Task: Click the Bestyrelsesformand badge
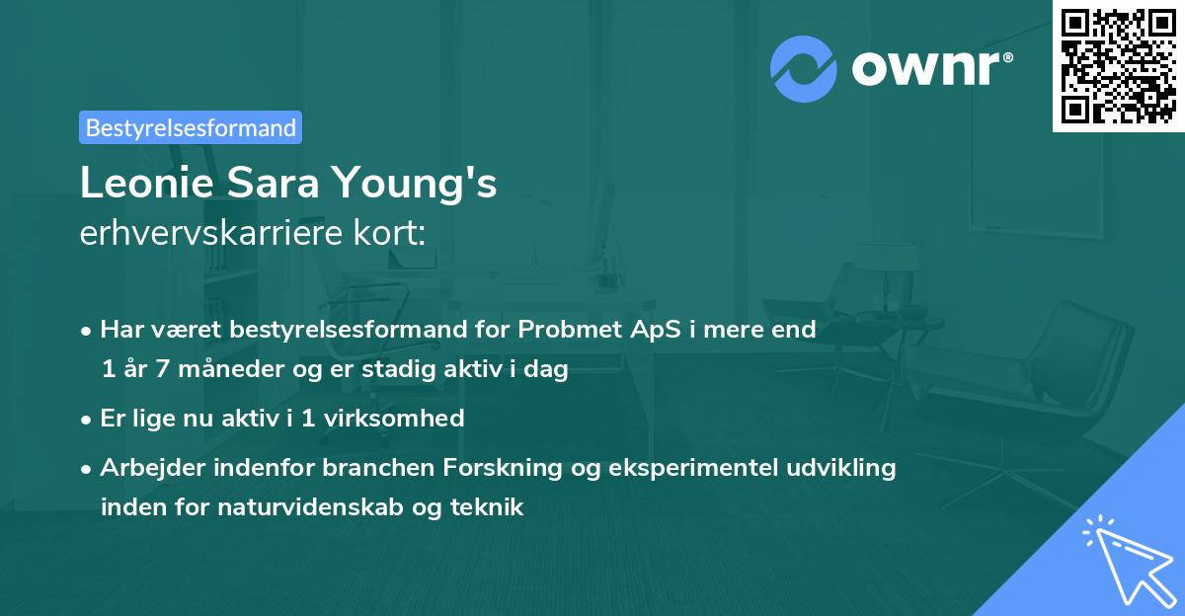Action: (x=190, y=127)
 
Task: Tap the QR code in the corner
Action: (x=1118, y=66)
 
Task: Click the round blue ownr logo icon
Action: (x=804, y=69)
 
